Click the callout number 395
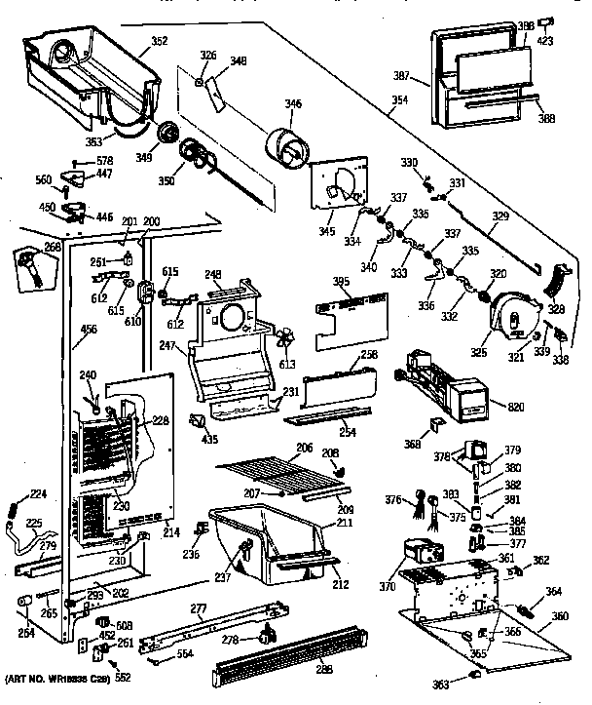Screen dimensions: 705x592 (x=341, y=282)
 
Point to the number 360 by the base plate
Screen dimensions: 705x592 (x=561, y=617)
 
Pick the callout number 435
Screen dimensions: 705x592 (x=207, y=441)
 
